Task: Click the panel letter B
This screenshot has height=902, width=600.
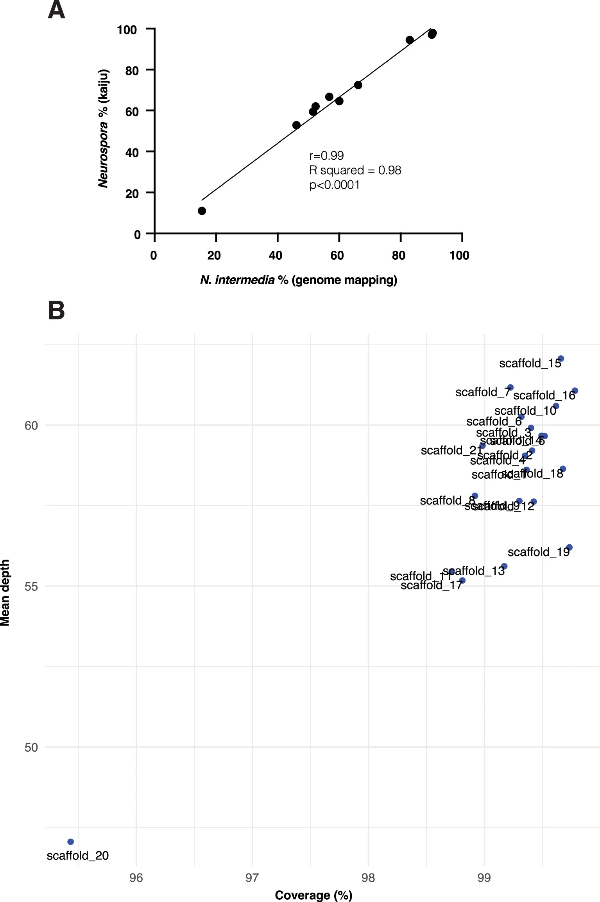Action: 56,311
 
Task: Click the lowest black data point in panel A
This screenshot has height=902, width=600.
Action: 202,211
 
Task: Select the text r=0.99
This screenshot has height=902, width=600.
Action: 326,156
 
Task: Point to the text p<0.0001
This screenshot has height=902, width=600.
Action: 335,185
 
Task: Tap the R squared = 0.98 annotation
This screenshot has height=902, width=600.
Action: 355,170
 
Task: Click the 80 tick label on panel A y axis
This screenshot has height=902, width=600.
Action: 132,71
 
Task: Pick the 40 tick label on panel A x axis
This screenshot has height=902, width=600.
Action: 276,255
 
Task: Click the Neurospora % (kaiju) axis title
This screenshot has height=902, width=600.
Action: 103,128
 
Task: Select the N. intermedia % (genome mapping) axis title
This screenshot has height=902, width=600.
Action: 299,280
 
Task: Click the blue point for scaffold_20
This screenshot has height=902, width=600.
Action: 70,842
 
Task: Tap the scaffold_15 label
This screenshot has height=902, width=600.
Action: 530,364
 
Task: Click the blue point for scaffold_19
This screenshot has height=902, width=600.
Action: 569,547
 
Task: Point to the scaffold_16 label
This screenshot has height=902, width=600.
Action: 544,396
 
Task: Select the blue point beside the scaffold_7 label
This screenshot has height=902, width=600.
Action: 510,387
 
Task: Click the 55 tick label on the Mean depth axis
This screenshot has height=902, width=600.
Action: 31,586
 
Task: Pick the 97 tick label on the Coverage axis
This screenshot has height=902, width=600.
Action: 252,878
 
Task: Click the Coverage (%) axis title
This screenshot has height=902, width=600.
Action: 313,895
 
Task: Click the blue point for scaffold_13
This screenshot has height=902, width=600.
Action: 504,566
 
